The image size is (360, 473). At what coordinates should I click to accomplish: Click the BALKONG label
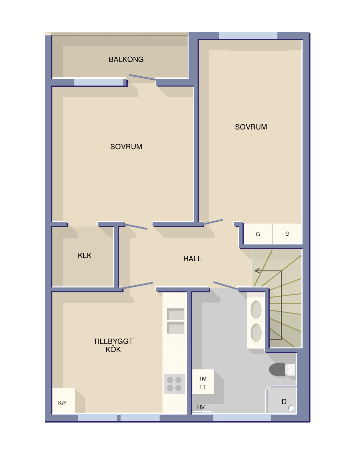[x=126, y=59]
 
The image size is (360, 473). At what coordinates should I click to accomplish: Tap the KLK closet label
[x=85, y=256]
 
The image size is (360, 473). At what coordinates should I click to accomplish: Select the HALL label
[x=192, y=259]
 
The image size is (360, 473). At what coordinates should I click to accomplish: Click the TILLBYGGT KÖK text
[x=113, y=345]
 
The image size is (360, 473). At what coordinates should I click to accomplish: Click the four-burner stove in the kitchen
[x=174, y=384]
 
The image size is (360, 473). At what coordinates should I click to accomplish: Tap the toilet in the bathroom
[x=282, y=369]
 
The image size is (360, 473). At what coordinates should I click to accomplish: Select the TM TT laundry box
[x=203, y=382]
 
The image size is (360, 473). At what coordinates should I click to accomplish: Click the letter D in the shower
[x=284, y=402]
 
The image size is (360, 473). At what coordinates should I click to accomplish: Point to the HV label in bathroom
[x=201, y=407]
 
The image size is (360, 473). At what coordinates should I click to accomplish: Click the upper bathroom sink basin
[x=256, y=310]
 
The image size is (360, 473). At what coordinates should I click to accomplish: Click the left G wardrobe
[x=258, y=234]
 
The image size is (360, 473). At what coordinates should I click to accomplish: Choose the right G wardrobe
[x=287, y=234]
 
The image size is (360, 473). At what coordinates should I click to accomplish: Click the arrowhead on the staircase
[x=257, y=271]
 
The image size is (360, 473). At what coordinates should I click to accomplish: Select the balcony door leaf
[x=142, y=77]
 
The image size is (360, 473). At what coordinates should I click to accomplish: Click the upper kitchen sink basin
[x=175, y=314]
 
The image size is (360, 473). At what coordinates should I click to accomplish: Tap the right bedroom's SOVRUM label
[x=251, y=127]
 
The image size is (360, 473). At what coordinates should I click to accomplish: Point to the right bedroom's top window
[x=248, y=35]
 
